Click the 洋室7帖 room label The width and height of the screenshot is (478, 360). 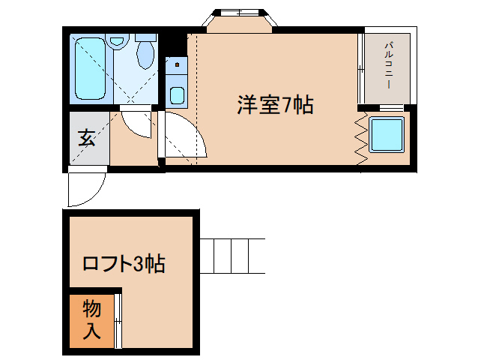click(275, 105)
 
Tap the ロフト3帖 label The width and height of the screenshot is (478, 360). click(124, 263)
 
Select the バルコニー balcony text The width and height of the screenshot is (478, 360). click(388, 65)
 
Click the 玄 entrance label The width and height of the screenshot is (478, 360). click(87, 138)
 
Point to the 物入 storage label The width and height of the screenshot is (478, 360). click(91, 319)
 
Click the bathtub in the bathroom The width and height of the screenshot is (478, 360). click(90, 69)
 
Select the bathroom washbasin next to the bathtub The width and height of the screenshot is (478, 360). click(117, 41)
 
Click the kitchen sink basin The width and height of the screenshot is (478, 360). click(177, 95)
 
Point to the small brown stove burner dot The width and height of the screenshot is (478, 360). click(177, 65)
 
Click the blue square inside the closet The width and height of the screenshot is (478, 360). click(387, 134)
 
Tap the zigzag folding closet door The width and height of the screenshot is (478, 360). click(362, 138)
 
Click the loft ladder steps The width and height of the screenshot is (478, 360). click(232, 256)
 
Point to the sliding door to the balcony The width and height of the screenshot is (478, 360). click(361, 69)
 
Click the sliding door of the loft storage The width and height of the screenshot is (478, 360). click(118, 321)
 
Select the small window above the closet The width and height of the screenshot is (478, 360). click(391, 108)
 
